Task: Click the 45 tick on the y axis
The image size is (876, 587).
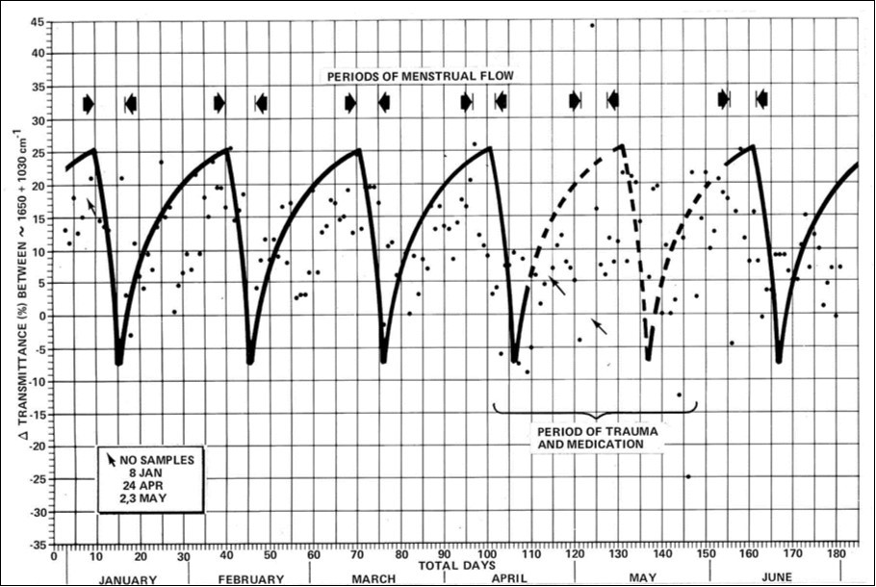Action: pos(40,21)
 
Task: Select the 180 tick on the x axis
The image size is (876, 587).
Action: pos(834,555)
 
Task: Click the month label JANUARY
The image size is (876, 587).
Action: pos(127,578)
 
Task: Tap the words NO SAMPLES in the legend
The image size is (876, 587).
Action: pos(159,459)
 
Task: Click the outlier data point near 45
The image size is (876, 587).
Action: pos(592,25)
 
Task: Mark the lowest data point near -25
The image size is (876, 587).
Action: pos(688,476)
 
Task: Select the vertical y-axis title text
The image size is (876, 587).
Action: pos(17,289)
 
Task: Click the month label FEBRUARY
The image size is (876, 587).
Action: pos(252,578)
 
